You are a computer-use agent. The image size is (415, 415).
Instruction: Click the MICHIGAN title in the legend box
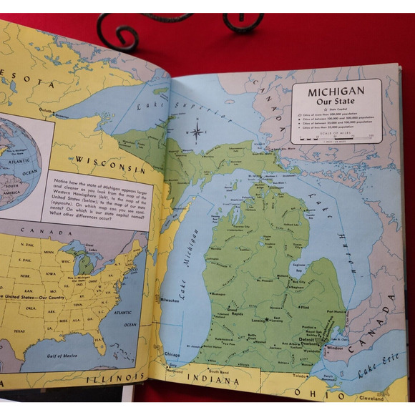pyautogui.click(x=336, y=92)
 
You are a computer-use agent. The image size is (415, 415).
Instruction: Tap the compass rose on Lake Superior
pyautogui.click(x=197, y=131)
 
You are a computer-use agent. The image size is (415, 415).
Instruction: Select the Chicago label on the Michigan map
pyautogui.click(x=172, y=353)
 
